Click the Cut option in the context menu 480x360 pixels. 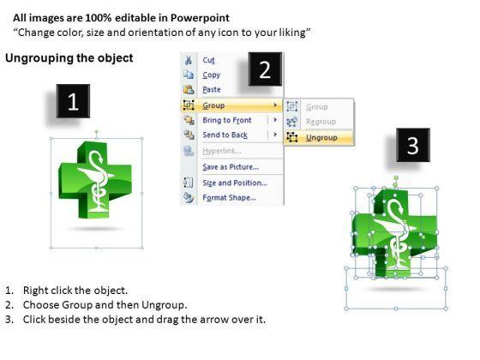(208, 60)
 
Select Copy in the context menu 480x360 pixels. (211, 75)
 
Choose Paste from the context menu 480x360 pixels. (212, 90)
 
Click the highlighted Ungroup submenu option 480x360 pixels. (321, 138)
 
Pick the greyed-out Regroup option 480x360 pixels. (321, 122)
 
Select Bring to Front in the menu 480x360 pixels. (227, 120)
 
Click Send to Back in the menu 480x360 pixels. (225, 135)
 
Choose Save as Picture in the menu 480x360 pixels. (231, 167)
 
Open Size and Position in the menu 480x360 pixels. (235, 183)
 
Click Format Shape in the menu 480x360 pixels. (230, 198)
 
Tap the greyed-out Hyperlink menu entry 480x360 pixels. (222, 151)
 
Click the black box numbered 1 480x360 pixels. (73, 101)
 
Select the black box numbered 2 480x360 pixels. (265, 69)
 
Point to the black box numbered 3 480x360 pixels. (413, 145)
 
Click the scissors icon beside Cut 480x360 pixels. (189, 60)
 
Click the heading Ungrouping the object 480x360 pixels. (69, 58)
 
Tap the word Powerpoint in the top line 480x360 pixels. (200, 18)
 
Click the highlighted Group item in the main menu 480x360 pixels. (213, 105)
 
